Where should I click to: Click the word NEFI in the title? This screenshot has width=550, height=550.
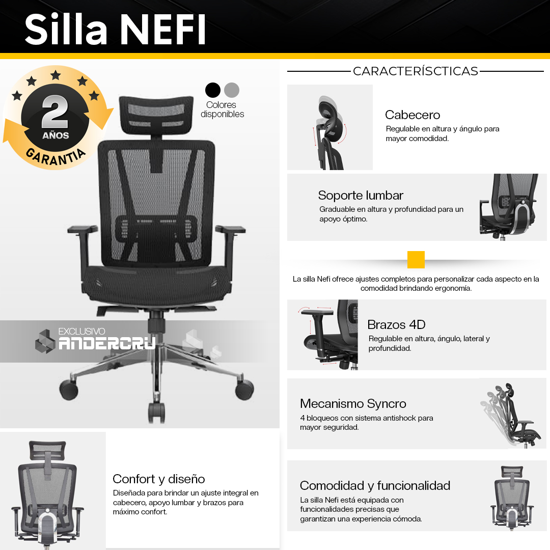pos(163,30)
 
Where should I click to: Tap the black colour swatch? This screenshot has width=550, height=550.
pos(212,90)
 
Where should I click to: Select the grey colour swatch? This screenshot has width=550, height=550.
pos(232,90)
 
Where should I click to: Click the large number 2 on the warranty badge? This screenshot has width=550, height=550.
pos(55,112)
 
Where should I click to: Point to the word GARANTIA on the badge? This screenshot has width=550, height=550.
pos(56,156)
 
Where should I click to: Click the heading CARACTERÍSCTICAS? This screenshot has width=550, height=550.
pos(416,71)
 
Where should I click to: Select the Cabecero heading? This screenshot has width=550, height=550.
pos(413,115)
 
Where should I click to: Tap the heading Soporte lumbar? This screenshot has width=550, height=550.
pos(361,196)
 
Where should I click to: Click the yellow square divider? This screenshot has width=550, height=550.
pos(416,260)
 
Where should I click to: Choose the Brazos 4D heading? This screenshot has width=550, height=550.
pos(396,325)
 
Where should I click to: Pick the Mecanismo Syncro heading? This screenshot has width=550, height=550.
pos(353,404)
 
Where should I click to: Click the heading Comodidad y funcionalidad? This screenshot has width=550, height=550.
pos(375,486)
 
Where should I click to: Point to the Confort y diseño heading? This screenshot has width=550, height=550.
pos(158,479)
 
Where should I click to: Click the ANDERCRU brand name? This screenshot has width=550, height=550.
pos(106,343)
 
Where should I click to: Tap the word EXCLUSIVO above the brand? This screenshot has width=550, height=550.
pos(81,332)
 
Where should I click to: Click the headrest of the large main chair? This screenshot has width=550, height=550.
pos(156,115)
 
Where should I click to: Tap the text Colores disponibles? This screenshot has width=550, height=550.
pos(222,109)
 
